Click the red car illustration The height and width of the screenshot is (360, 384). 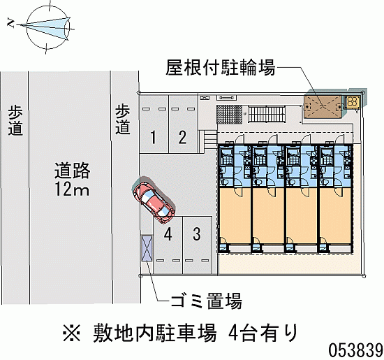click(x=154, y=199)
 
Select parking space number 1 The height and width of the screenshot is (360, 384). click(x=154, y=124)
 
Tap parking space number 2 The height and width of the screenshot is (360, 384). click(x=183, y=124)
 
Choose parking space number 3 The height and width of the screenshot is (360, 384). click(x=197, y=245)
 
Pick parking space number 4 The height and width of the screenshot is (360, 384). click(x=168, y=245)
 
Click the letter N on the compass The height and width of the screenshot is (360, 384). click(x=10, y=23)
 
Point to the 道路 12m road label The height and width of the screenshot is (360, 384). click(x=72, y=180)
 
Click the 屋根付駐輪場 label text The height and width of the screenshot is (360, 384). click(x=220, y=67)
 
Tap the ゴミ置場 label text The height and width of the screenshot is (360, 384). click(x=207, y=301)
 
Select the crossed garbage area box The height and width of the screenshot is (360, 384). click(x=147, y=247)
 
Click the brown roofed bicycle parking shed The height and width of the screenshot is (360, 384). click(x=323, y=106)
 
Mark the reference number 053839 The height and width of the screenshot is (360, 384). click(x=355, y=350)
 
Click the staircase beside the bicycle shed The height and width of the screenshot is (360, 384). click(x=267, y=114)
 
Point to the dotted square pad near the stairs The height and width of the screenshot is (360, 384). click(x=229, y=114)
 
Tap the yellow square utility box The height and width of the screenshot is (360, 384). click(x=352, y=102)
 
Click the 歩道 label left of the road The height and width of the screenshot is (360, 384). click(x=15, y=120)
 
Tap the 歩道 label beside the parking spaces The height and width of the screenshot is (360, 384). click(x=123, y=120)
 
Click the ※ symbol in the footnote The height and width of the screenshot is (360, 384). click(x=71, y=333)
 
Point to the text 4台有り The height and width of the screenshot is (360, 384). click(x=263, y=333)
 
